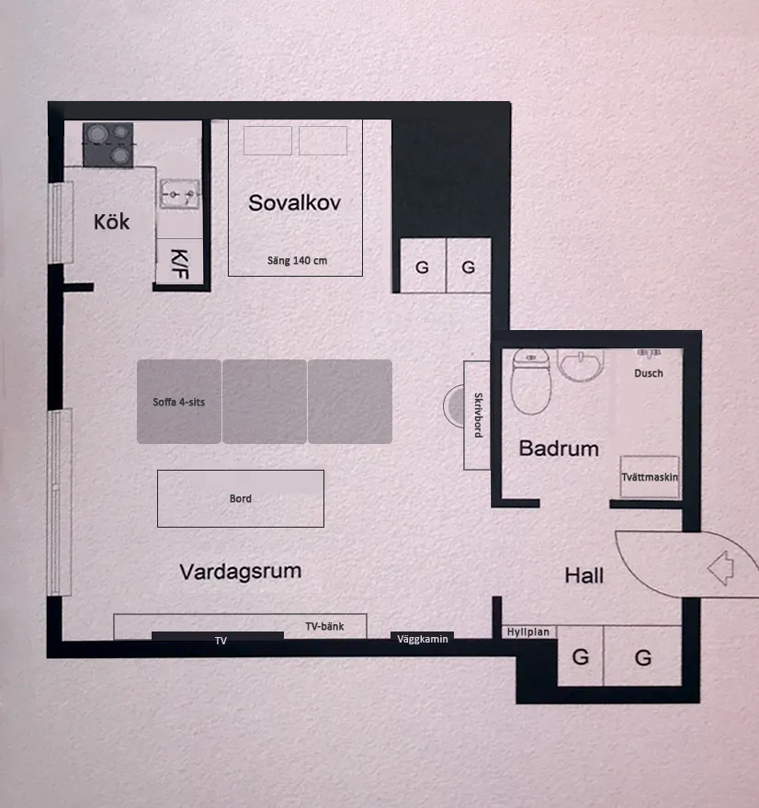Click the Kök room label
pos(111,222)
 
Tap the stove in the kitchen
pos(108,145)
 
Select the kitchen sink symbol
pos(179,194)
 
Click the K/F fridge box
pos(179,261)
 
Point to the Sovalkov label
pos(294,202)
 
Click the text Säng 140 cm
pos(297,261)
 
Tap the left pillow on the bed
pos(268,140)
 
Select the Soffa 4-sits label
pos(179,402)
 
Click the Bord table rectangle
pos(241,498)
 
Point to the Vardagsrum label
pos(240,572)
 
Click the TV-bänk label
pos(324,626)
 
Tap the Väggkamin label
pos(423,639)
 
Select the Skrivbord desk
pos(477,415)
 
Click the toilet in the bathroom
pos(531,381)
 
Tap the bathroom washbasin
pos(580,365)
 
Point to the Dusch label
pos(648,373)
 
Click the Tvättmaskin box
pos(650,477)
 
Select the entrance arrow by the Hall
pos(721,568)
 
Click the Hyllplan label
pos(528,632)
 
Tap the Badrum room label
pos(559,449)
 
